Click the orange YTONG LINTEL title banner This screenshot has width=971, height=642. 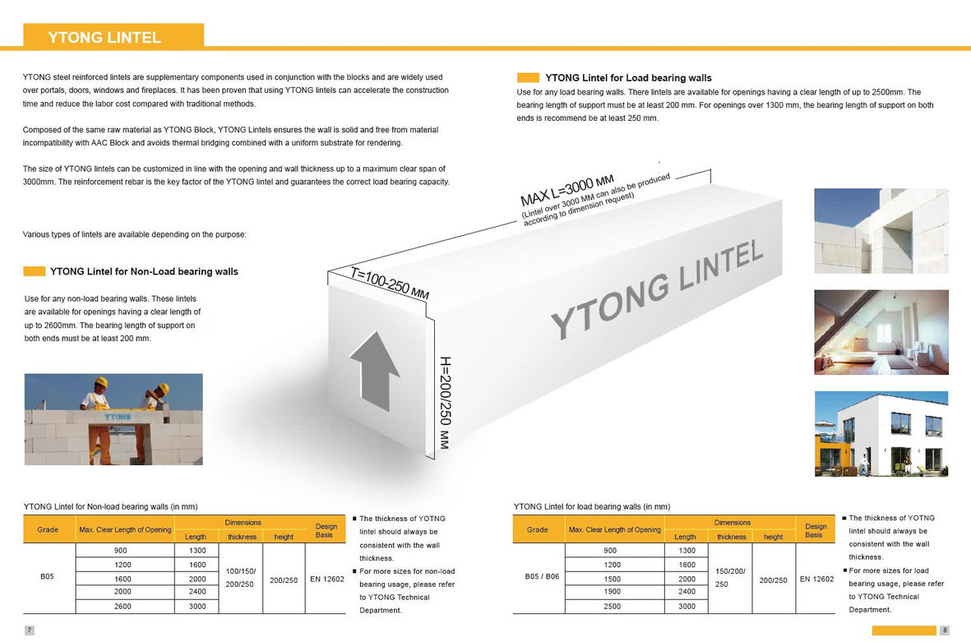113,37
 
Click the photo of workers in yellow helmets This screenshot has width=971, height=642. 113,419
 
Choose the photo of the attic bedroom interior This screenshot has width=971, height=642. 881,332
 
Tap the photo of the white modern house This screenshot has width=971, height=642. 881,433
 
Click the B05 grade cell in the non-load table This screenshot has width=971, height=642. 48,578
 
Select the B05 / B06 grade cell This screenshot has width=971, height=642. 538,577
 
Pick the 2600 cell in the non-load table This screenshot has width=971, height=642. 122,606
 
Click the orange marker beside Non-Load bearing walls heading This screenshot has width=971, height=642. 35,271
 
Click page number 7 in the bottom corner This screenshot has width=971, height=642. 29,630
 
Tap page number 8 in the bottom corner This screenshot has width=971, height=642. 944,630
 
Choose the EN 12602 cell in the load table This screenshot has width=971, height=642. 816,579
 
